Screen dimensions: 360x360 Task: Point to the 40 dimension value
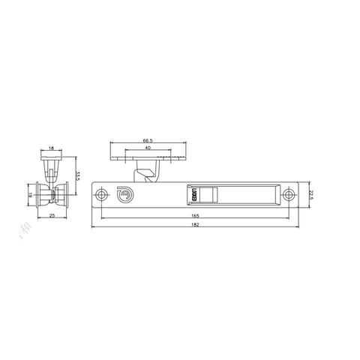click(147, 148)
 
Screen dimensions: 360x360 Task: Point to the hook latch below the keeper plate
click(148, 175)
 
